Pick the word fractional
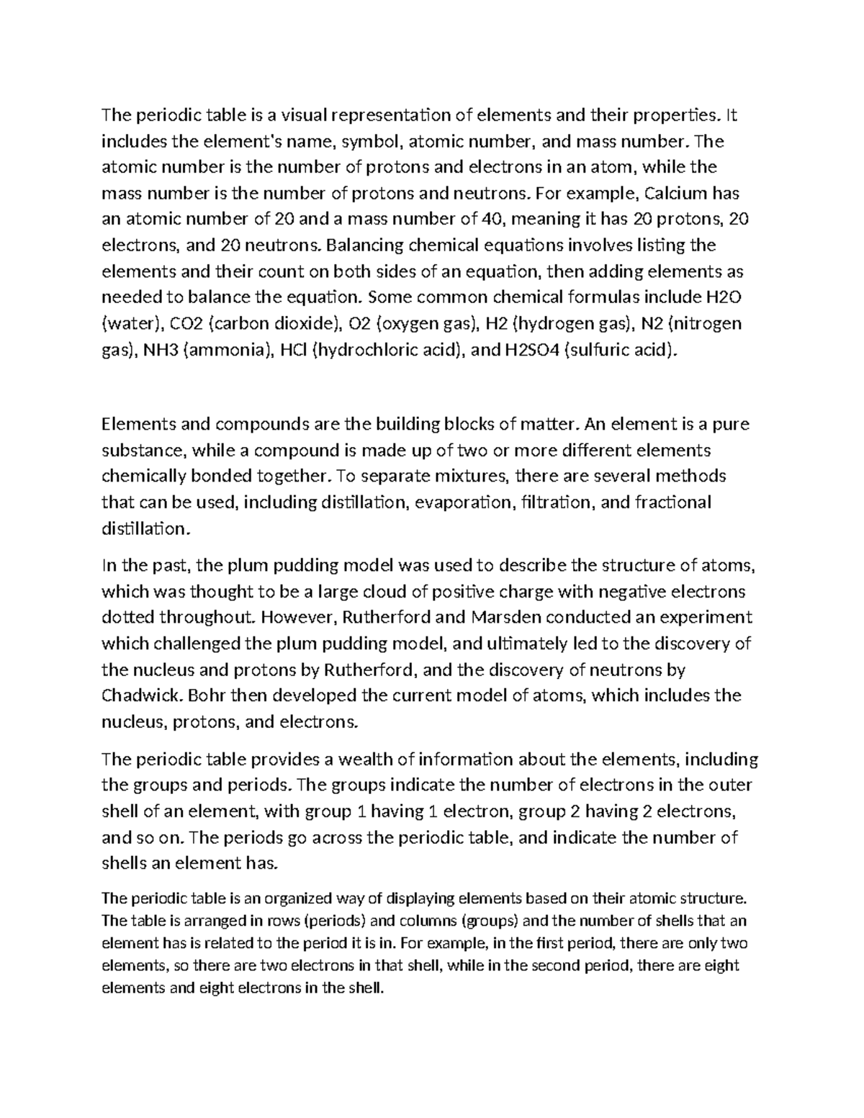(x=673, y=502)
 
